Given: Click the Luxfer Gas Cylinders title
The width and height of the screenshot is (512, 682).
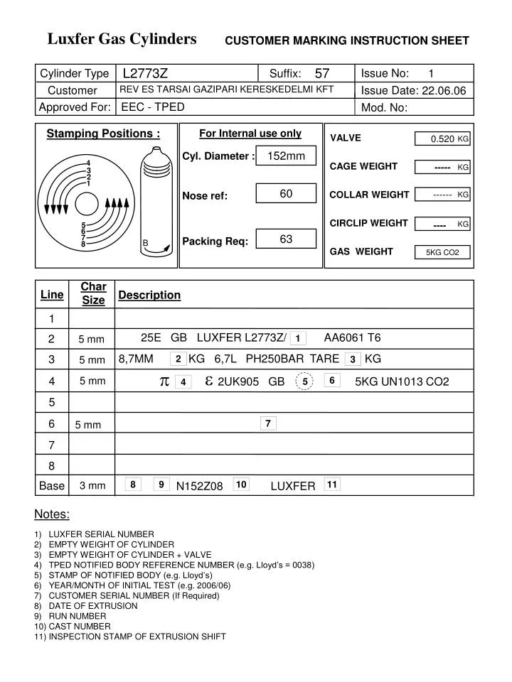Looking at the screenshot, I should point(122,39).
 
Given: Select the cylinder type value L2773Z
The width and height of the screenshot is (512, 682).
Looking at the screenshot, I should point(145,73).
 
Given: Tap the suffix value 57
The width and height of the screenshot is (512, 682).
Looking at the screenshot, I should point(322,73).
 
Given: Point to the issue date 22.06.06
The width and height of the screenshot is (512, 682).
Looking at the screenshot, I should point(444,90).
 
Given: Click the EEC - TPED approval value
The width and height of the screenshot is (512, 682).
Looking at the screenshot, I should point(153,107).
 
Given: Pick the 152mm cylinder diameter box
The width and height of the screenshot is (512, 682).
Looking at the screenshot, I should point(286,156).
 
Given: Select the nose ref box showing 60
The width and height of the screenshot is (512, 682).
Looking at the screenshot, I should point(286,194).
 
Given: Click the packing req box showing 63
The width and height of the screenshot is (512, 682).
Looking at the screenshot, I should point(286,239).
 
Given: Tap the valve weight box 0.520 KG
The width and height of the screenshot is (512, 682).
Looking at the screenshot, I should point(442,139).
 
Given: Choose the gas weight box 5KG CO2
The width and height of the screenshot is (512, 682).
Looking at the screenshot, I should point(442,252).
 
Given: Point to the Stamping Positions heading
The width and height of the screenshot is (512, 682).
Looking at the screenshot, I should point(103,134).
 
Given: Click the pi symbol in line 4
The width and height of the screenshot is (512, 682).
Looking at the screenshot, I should point(164,381).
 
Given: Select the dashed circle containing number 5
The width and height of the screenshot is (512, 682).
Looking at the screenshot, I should point(304,381).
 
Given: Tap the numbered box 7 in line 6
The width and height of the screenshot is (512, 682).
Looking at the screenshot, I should point(267,423).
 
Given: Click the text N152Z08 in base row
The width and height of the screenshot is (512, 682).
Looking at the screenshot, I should point(200,486).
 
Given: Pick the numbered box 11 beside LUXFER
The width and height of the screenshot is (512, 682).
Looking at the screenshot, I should point(331,485).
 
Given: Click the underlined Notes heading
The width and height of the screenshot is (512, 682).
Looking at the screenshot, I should point(52,514).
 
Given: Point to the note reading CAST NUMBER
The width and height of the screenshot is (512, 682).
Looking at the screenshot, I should point(80,627).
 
